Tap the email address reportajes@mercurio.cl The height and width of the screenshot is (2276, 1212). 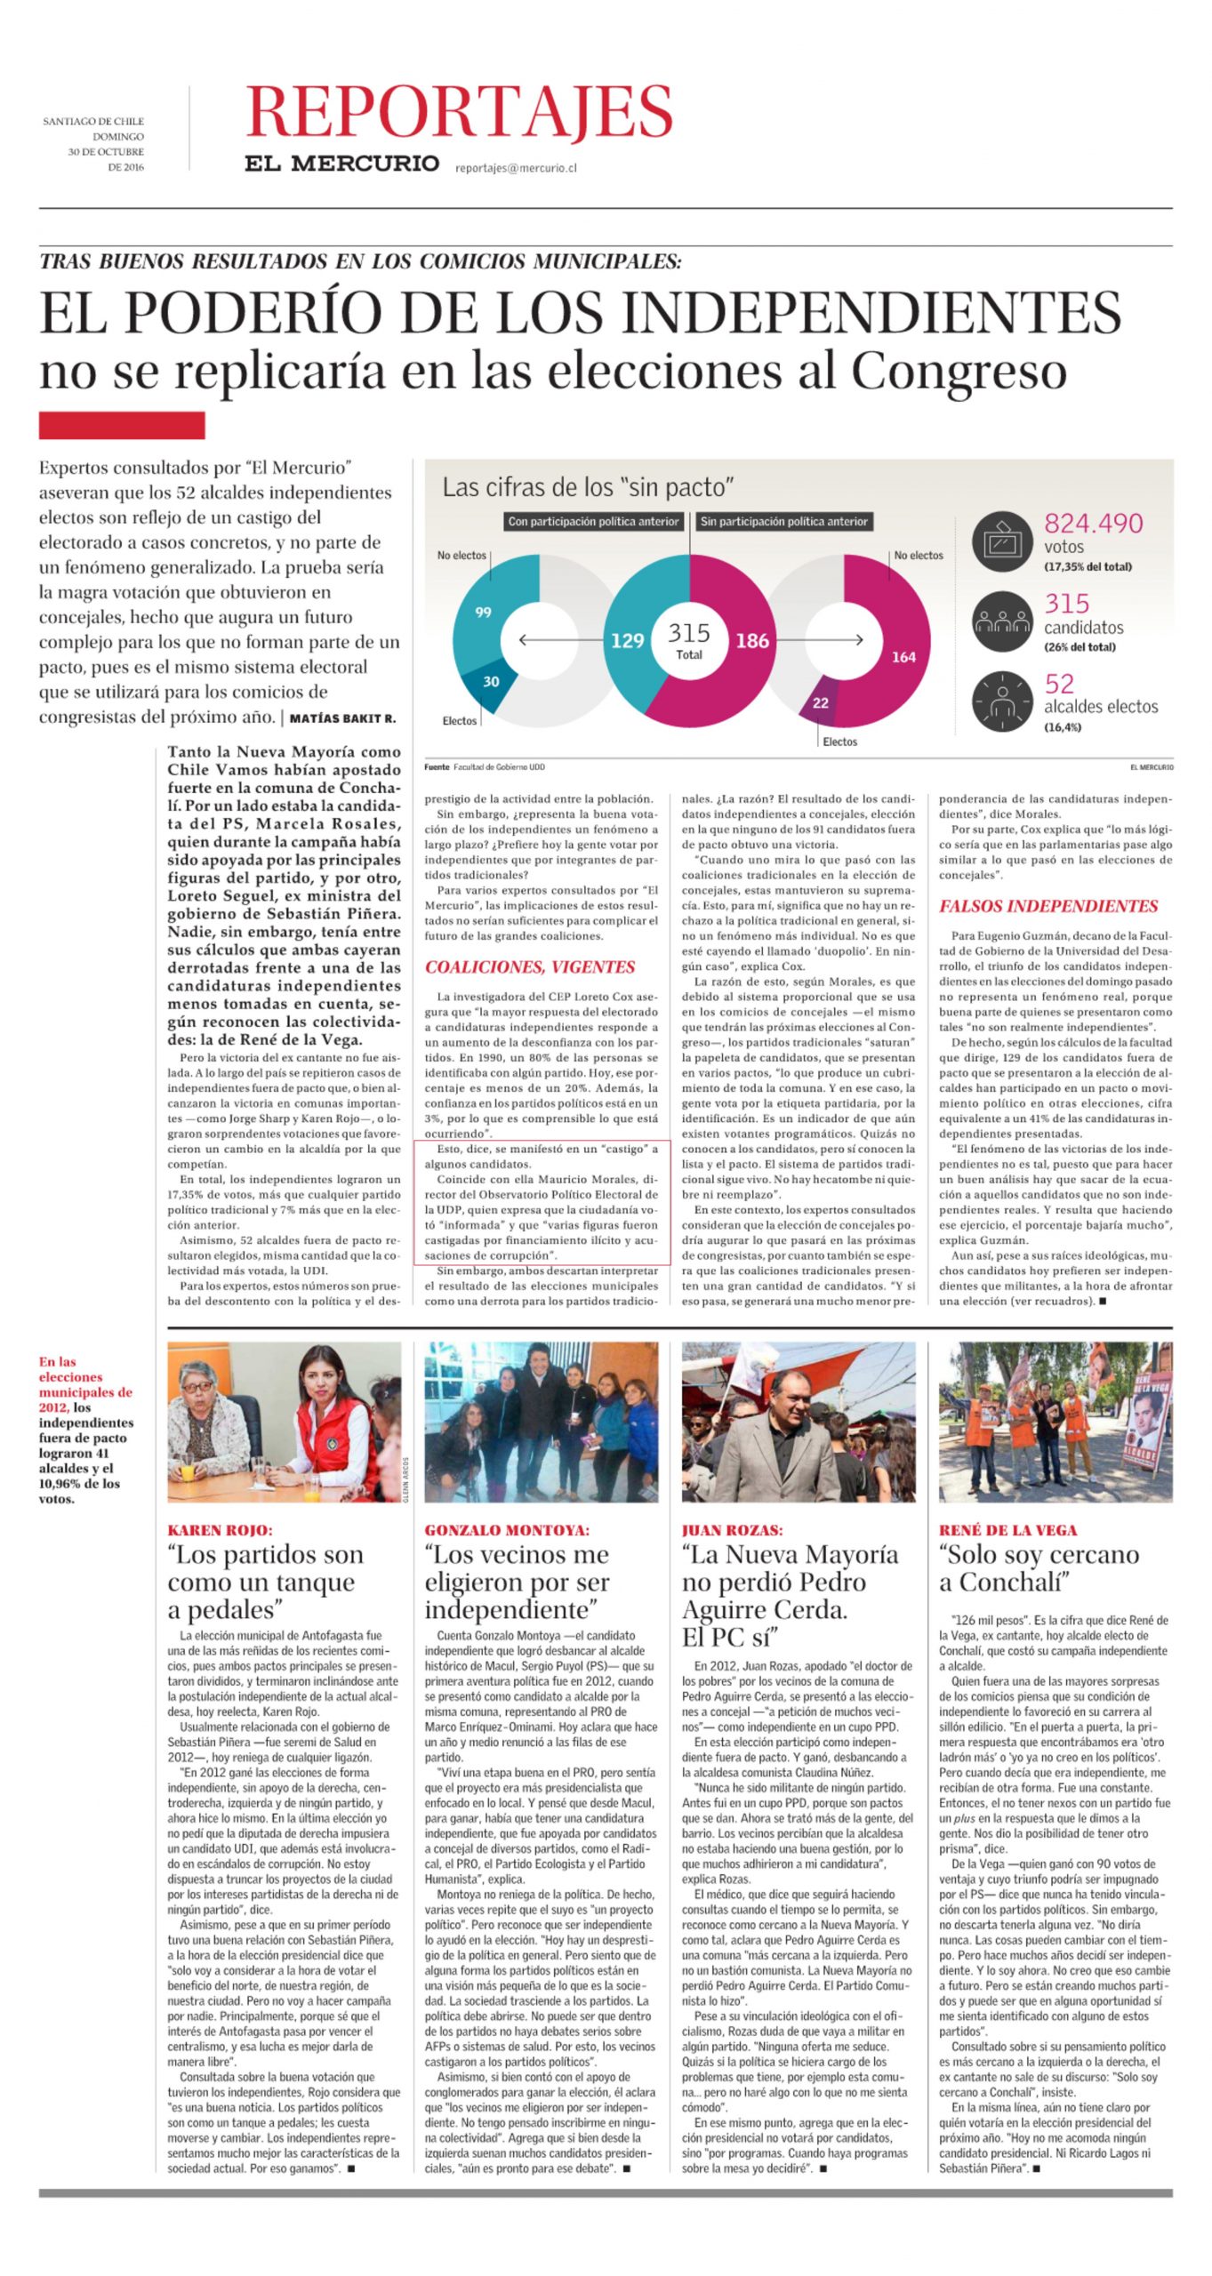tap(516, 167)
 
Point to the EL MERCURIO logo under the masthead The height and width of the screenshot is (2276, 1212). tap(341, 164)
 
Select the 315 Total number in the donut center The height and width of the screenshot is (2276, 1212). tap(688, 638)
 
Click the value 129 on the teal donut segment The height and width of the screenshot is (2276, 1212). tap(627, 640)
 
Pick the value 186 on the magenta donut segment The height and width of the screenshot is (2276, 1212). tap(752, 640)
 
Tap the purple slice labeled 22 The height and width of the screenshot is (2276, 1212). tap(820, 702)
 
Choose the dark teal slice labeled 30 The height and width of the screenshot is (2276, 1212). tap(491, 682)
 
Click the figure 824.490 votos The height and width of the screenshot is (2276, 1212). tap(1093, 524)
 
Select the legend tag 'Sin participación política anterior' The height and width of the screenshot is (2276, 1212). tap(783, 522)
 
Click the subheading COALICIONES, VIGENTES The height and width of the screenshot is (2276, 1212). tap(530, 967)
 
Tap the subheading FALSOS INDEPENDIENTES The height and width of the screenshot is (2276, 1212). tap(1048, 906)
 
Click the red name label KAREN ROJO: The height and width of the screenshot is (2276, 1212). tap(220, 1530)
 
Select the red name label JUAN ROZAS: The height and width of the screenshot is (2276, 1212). tap(732, 1530)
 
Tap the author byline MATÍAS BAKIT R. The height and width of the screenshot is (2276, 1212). tap(342, 718)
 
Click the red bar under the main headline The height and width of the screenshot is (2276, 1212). tap(122, 425)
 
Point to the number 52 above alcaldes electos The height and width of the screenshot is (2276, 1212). tap(1059, 684)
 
